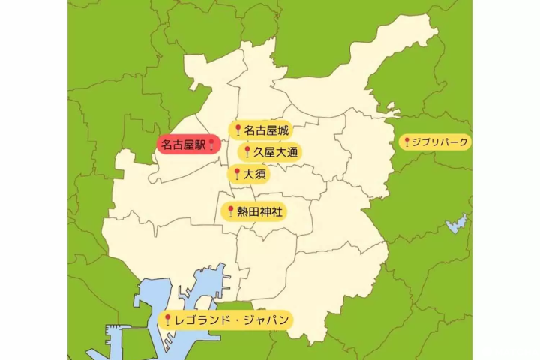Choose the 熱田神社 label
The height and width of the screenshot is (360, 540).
(259, 212)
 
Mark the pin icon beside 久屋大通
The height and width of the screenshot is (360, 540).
(247, 152)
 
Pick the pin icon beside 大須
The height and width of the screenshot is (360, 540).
(236, 175)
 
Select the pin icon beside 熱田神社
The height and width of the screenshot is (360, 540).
(230, 212)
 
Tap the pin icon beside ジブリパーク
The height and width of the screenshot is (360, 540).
(406, 142)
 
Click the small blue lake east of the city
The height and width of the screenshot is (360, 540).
(456, 223)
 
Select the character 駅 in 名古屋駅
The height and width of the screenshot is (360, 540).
(199, 145)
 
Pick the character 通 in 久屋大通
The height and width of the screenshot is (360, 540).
(291, 152)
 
